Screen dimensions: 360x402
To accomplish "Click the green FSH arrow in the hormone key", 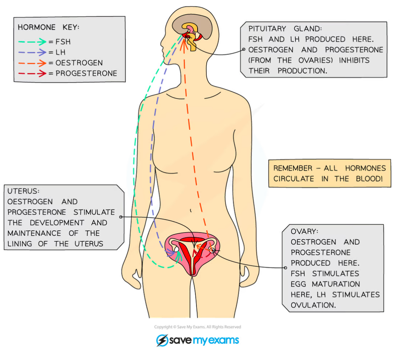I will pos(33,42).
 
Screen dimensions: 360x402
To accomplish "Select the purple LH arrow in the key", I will pos(33,52).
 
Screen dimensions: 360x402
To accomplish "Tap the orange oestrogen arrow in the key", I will pos(33,63).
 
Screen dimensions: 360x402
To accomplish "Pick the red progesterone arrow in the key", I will pos(33,73).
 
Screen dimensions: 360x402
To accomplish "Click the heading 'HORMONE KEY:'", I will pos(49,27).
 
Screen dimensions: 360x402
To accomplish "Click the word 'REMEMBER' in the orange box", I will pos(293,168).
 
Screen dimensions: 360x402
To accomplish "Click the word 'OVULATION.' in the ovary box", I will pos(313,305).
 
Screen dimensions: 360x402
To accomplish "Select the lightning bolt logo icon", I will pos(162,340).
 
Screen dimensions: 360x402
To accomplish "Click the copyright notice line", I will pos(197,327).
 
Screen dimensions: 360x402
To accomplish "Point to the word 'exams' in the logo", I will pos(223,340).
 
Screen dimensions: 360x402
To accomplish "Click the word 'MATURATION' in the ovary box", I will pos(336,284).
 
